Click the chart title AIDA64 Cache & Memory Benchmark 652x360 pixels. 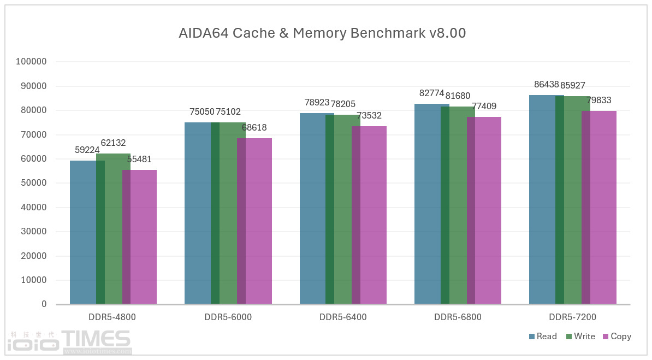(x=322, y=33)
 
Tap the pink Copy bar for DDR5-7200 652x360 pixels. (x=603, y=208)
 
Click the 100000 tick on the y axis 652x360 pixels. (x=32, y=62)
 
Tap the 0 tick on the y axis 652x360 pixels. (x=44, y=304)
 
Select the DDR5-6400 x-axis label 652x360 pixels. (x=343, y=317)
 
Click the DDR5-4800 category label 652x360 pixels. (x=113, y=317)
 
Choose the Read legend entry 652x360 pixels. (x=543, y=337)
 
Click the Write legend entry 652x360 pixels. (x=580, y=337)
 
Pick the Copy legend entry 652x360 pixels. (x=617, y=337)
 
